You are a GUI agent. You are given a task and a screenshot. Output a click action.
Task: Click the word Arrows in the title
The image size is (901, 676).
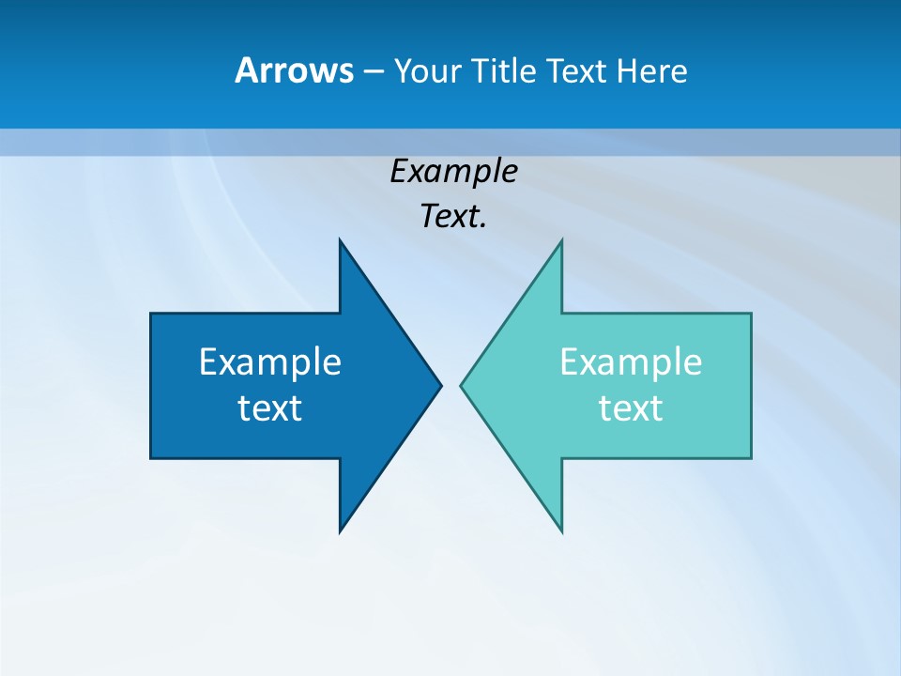tap(293, 70)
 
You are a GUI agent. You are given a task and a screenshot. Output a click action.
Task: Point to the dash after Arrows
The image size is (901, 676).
tap(372, 71)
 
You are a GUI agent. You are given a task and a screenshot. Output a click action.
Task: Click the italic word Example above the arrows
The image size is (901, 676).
tap(453, 171)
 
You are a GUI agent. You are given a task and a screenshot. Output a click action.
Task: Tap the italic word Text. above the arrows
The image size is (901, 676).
tap(453, 216)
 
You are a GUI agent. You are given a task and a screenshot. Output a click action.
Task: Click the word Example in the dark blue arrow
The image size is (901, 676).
tap(270, 361)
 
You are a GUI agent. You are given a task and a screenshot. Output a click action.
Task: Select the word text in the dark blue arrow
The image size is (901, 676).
tap(270, 407)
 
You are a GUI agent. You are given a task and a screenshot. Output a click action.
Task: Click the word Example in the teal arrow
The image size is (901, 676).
tap(631, 361)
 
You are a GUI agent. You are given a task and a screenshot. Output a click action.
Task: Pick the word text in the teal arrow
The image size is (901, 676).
tap(631, 407)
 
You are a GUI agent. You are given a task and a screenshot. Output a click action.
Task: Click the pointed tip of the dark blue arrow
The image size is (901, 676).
tap(440, 385)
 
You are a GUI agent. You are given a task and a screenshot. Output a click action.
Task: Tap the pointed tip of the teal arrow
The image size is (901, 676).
tap(461, 385)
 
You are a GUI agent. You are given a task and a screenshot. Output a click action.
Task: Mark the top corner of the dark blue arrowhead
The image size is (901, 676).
tap(340, 240)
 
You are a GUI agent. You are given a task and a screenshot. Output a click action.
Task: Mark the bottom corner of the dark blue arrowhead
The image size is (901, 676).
tap(340, 531)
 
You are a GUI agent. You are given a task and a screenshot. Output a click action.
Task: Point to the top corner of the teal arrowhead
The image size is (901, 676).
tap(561, 240)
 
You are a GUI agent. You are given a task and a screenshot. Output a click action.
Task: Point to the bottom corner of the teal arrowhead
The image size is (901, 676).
tap(561, 531)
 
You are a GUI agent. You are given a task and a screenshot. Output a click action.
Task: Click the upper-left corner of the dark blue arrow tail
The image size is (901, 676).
tap(151, 314)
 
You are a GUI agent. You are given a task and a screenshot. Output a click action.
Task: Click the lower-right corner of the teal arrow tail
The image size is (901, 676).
tap(751, 458)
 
